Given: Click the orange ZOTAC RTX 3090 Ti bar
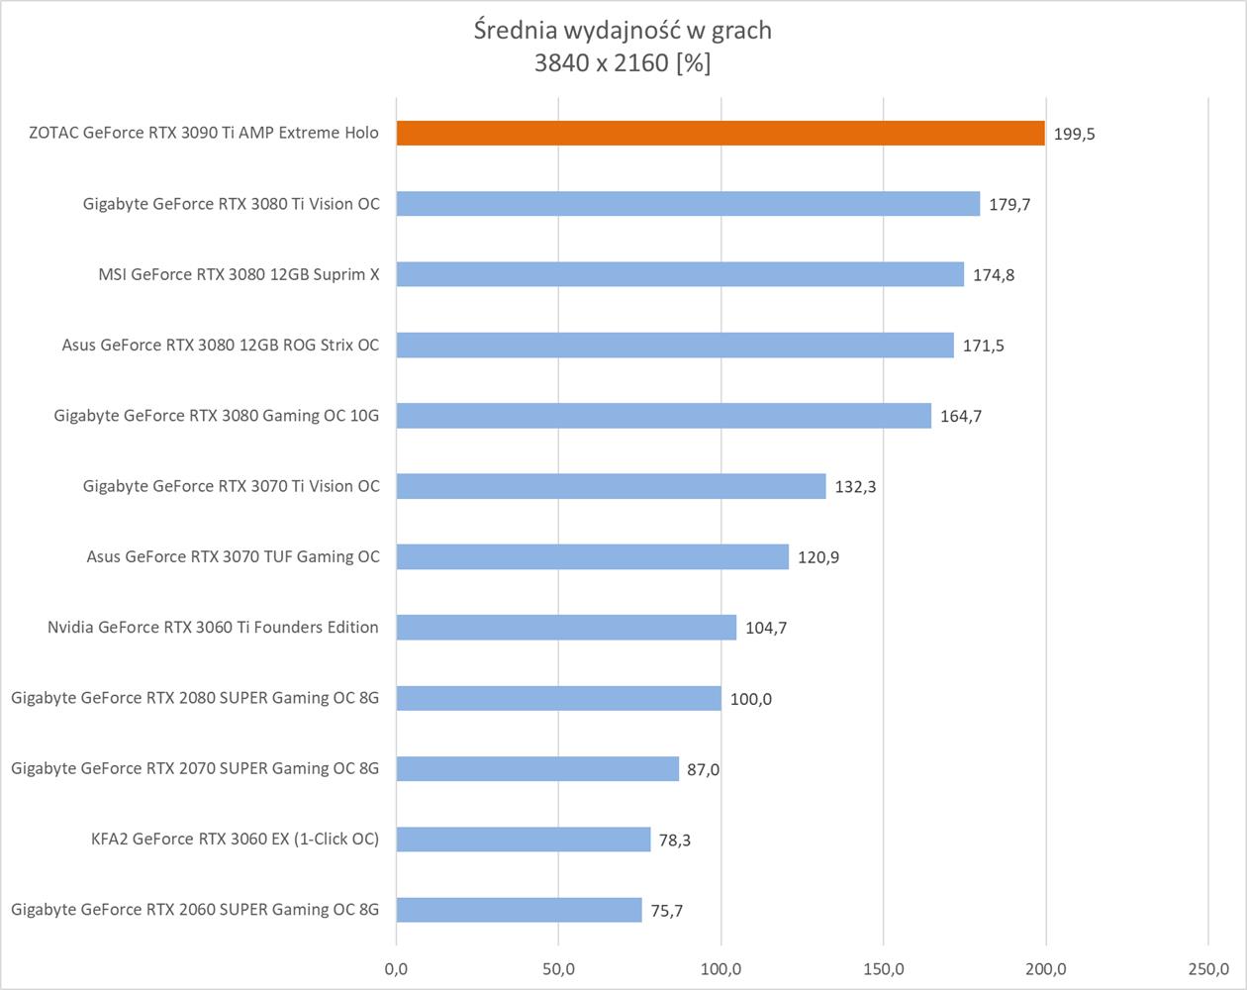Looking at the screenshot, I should point(720,133).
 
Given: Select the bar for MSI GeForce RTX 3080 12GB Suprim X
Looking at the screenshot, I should point(680,274).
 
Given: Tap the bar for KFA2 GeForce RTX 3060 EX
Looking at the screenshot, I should point(524,840).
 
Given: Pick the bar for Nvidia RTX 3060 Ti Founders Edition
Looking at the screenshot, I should point(566,628).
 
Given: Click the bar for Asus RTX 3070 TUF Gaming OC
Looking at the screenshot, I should point(593,556).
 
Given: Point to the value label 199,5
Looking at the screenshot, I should point(1075,134).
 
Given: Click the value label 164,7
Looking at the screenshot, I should point(961,417).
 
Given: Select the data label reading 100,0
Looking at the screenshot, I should point(751,699).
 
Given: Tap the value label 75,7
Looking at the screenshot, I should point(667,911).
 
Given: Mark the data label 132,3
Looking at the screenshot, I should point(855,487).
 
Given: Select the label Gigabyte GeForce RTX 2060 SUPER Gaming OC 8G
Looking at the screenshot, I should point(195,910).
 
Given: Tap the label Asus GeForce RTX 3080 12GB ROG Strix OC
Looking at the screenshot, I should point(221,346).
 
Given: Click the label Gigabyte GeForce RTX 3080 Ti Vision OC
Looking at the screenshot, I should point(232,204).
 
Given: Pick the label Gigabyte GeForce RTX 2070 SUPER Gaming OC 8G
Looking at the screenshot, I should point(195,768).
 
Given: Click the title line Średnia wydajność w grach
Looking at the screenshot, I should point(623,31).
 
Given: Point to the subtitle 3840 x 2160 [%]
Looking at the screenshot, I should point(623,63).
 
